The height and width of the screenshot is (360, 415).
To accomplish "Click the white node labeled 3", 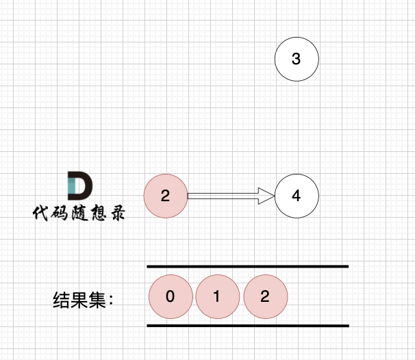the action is tap(297, 59).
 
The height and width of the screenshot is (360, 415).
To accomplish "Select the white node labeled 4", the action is tap(297, 196).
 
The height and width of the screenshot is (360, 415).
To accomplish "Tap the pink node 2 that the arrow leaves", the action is tap(166, 196).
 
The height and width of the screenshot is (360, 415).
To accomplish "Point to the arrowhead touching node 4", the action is tap(266, 196).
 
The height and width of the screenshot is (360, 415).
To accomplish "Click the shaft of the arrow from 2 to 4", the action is tap(223, 196).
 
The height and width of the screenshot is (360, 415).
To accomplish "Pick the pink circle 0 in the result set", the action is tap(171, 296).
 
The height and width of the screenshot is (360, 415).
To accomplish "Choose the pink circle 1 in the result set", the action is tap(218, 296).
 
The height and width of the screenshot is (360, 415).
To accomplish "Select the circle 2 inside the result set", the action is tap(266, 296).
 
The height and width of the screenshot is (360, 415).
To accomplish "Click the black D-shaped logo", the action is tap(80, 185).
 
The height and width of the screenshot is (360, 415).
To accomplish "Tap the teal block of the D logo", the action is tap(72, 185).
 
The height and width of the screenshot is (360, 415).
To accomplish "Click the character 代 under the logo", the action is tap(41, 213).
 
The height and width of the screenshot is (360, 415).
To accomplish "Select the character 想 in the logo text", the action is tap(99, 213).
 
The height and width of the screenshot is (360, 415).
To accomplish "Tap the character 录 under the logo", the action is tap(118, 213).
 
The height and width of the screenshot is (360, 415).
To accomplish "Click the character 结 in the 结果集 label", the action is tap(62, 300).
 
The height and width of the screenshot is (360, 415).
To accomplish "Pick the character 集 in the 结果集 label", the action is tap(97, 300).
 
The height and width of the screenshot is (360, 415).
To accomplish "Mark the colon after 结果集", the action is tap(111, 300).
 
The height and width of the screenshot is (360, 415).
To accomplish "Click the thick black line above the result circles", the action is tap(248, 266).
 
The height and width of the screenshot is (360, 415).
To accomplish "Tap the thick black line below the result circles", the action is tap(248, 326).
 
